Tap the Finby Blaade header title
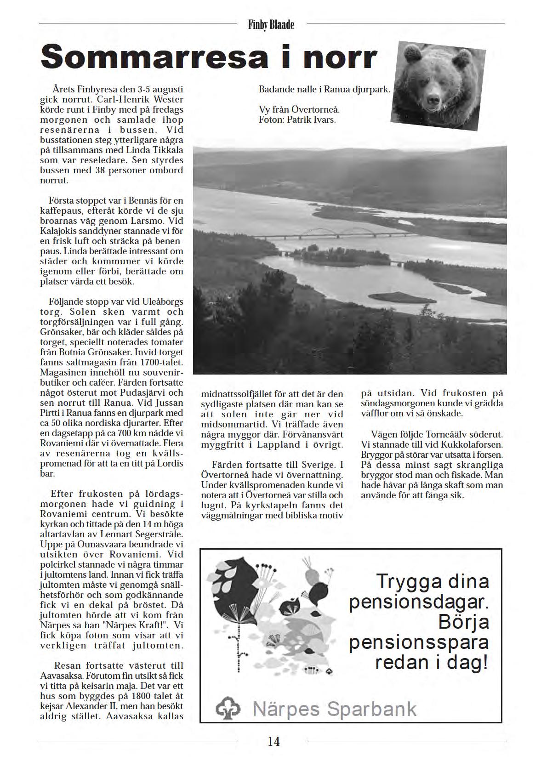pos(271,25)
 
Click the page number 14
pos(273,741)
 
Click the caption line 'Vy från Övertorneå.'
pos(299,110)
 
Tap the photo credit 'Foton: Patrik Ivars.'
pos(297,120)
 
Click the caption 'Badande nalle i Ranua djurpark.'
pos(324,89)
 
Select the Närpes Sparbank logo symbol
pos(228,708)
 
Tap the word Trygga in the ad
pos(403,581)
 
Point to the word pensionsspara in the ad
pos(418,642)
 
